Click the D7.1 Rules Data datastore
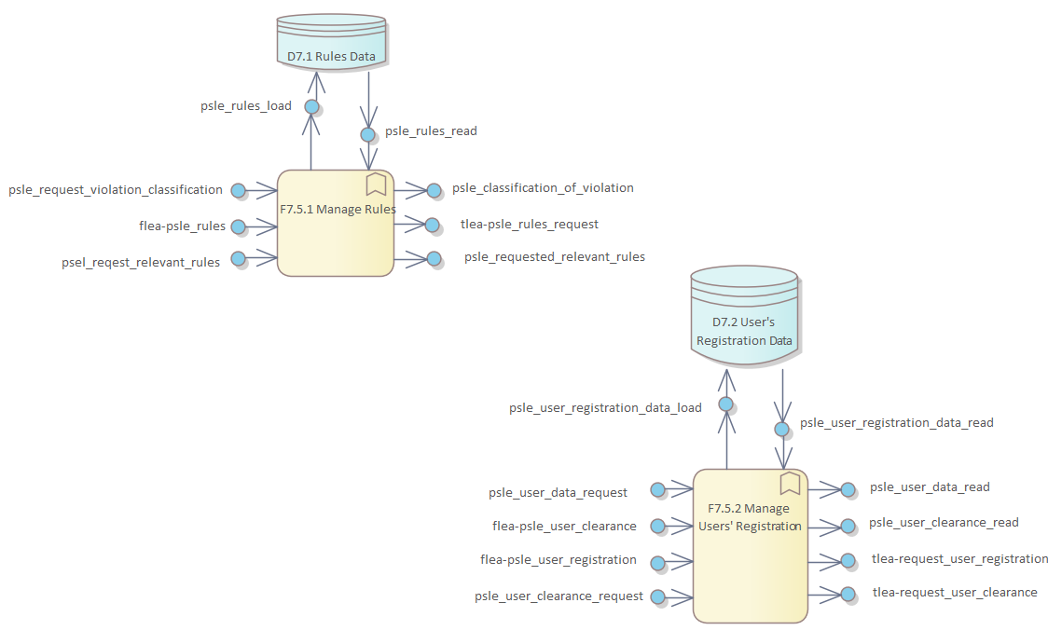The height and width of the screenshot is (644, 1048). (331, 41)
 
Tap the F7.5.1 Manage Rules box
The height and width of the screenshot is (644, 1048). (336, 223)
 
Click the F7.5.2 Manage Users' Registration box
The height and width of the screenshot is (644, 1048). (751, 545)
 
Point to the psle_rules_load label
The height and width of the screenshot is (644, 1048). (246, 106)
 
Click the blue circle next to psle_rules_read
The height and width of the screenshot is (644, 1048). (368, 132)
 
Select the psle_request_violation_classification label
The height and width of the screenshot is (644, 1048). (116, 190)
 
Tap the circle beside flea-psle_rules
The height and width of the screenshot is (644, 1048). (238, 226)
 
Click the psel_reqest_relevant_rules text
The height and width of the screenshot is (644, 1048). (141, 262)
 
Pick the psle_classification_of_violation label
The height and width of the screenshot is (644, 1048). (543, 188)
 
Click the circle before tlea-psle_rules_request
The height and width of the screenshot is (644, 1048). (432, 225)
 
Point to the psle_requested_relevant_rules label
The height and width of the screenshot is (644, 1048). (555, 256)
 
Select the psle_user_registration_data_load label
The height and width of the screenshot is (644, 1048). (605, 407)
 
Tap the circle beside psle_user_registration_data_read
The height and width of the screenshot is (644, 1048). (782, 429)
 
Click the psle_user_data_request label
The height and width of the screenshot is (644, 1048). (558, 492)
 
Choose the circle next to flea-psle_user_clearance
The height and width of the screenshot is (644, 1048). (658, 527)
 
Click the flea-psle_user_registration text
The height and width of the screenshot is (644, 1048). (558, 560)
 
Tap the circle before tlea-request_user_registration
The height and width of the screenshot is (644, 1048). (848, 560)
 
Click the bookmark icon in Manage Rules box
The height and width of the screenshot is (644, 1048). (376, 184)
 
